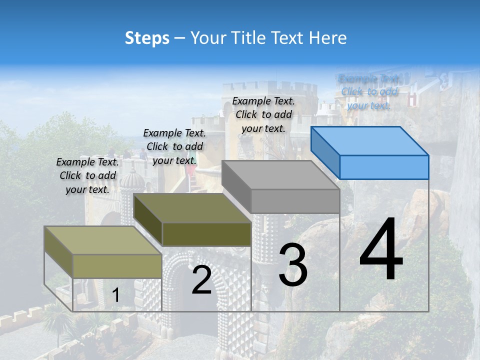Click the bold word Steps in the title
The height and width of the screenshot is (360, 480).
[147, 38]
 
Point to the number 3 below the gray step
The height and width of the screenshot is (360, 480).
[293, 265]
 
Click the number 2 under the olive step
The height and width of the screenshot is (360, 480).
[201, 280]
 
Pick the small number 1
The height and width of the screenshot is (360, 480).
[115, 295]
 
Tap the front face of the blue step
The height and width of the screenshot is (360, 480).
[384, 167]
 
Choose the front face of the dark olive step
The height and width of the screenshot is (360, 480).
[206, 234]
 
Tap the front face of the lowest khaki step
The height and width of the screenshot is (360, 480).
[117, 266]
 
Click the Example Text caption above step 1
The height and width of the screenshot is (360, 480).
[87, 175]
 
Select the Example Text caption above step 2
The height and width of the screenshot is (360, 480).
[174, 146]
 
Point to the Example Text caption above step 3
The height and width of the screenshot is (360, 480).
[263, 114]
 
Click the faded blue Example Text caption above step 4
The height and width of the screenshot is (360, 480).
[369, 92]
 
